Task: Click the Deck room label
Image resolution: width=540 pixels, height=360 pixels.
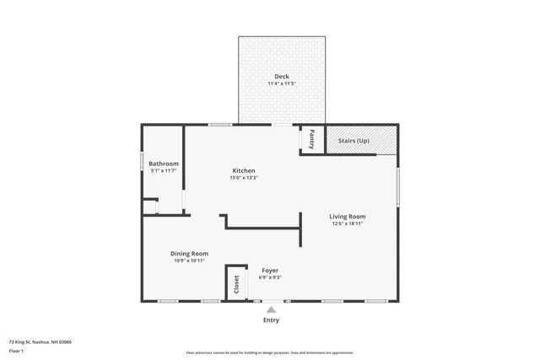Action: (281, 77)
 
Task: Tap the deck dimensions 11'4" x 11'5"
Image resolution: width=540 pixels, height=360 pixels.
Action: (281, 84)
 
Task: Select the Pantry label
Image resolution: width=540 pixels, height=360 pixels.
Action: (311, 138)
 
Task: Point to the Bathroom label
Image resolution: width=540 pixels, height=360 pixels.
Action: (164, 163)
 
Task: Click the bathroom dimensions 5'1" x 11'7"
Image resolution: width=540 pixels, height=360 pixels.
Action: (164, 170)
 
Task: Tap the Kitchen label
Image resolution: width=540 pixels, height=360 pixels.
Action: (244, 170)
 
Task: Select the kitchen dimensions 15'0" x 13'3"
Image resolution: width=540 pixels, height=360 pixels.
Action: (244, 178)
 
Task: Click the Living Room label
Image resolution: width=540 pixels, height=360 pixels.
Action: (347, 217)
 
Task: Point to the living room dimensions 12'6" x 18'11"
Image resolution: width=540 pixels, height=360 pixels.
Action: (347, 224)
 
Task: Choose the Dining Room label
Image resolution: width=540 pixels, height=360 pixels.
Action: (190, 253)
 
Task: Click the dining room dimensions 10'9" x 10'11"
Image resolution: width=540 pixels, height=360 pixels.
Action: (190, 261)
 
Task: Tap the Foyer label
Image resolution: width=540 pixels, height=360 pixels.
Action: (270, 270)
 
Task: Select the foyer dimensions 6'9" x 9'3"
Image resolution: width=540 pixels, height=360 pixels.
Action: (270, 277)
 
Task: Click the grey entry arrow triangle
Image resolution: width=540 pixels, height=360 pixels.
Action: (271, 310)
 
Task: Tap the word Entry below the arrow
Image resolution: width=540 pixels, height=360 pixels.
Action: (271, 320)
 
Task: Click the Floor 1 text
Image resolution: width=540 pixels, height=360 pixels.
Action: (16, 350)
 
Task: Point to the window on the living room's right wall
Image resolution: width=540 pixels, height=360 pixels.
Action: (398, 185)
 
